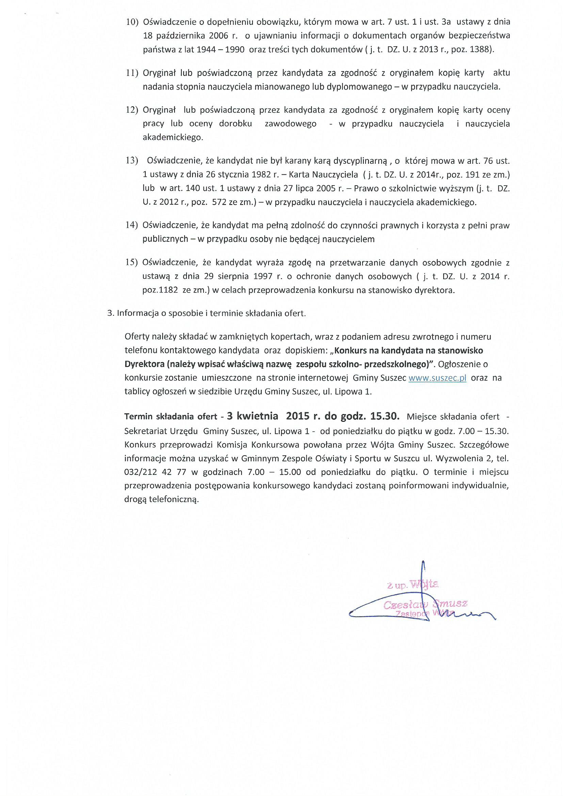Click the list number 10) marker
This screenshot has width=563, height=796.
point(132,22)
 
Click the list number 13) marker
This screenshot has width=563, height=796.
point(132,161)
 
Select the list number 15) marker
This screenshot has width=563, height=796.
point(132,262)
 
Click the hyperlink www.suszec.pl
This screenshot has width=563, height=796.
point(437,378)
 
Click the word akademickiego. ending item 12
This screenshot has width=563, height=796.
point(173,137)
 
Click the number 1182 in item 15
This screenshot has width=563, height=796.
point(168,290)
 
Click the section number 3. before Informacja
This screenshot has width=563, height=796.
point(111,314)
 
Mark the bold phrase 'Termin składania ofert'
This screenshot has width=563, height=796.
point(171,417)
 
